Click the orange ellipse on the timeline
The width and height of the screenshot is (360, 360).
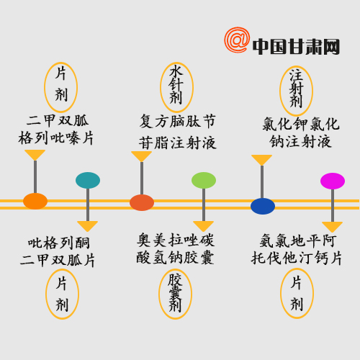(x=35, y=201)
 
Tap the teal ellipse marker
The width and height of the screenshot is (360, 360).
(x=88, y=180)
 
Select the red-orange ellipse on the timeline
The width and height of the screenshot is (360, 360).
(x=142, y=202)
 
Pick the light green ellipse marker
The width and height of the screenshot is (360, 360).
(x=204, y=180)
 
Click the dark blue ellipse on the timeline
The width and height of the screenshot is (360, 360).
(x=263, y=206)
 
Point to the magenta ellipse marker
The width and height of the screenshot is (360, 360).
(x=333, y=181)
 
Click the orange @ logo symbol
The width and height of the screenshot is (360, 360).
(x=237, y=40)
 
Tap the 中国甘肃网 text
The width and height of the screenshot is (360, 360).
(x=296, y=47)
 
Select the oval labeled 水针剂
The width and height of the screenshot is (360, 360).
(x=176, y=87)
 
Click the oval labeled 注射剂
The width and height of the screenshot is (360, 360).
(x=296, y=91)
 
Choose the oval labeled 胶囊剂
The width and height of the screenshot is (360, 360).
(x=175, y=294)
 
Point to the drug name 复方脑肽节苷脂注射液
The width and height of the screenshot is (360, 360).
(x=178, y=132)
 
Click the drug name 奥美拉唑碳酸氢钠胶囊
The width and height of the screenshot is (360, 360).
(x=176, y=249)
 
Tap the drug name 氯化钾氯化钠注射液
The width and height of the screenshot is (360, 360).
(x=301, y=132)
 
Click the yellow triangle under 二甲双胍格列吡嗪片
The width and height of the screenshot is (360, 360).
(x=35, y=155)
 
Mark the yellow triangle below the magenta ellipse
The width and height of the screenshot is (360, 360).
(x=332, y=227)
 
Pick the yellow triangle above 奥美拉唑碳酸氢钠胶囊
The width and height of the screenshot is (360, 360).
(x=203, y=226)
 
